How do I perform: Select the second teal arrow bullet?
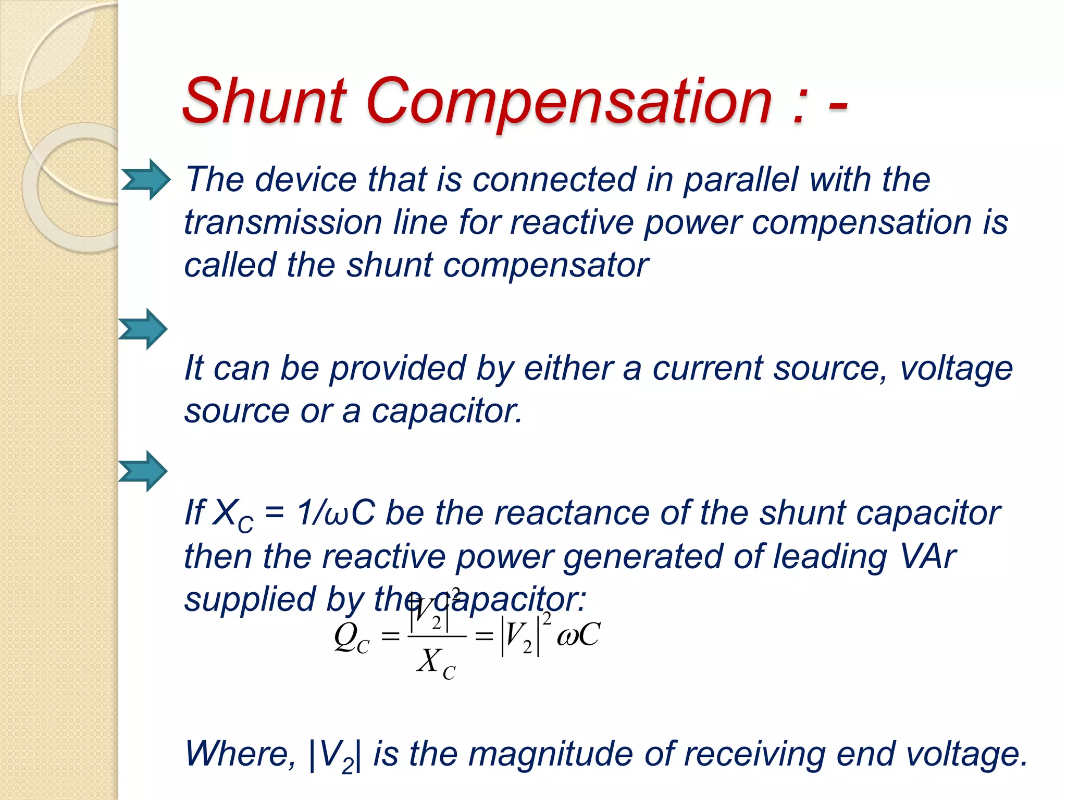pos(143,329)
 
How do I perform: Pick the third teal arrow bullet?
pos(143,471)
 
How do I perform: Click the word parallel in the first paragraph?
pos(740,180)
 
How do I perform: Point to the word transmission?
pos(283,223)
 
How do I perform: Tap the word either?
pos(568,369)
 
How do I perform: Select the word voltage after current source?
pos(956,369)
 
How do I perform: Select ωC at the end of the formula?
pos(578,635)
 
